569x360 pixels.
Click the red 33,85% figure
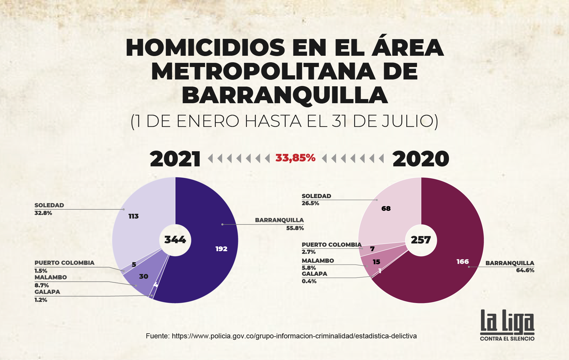point(295,158)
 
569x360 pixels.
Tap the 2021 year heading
point(175,159)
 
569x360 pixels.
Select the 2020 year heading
point(421,159)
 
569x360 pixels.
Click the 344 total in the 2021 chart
point(175,240)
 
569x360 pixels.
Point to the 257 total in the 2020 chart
point(421,240)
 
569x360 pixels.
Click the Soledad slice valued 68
point(388,214)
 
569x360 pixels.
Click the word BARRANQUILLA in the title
point(284,95)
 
